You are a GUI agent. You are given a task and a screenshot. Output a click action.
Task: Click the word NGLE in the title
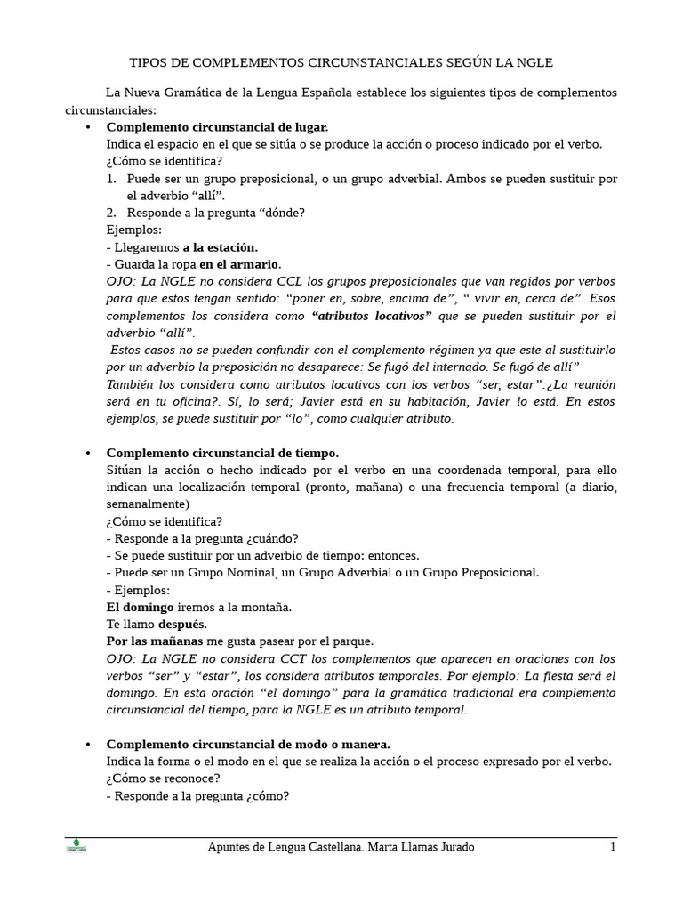pos(533,62)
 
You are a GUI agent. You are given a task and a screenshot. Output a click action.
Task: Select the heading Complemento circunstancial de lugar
pos(217,127)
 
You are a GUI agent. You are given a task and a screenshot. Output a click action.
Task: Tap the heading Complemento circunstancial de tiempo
pos(222,453)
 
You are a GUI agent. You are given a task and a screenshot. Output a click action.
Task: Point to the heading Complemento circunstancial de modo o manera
pos(248,744)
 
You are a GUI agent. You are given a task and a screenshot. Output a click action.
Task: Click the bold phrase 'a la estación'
pos(221,246)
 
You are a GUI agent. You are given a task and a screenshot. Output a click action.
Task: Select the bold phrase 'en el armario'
pos(240,264)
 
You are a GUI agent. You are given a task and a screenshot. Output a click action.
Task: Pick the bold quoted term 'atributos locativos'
pos(372,316)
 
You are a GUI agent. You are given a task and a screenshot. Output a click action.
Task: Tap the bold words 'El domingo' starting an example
pos(140,607)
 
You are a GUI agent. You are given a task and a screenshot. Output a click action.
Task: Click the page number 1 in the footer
pos(613,847)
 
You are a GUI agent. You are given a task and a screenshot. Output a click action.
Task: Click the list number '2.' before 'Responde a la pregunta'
pos(112,213)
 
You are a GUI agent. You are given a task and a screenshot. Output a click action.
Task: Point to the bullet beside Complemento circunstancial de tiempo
pos(88,453)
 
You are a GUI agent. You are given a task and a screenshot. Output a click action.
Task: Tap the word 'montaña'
pos(267,607)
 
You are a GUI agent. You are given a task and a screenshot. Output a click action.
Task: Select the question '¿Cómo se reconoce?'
pos(164,778)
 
